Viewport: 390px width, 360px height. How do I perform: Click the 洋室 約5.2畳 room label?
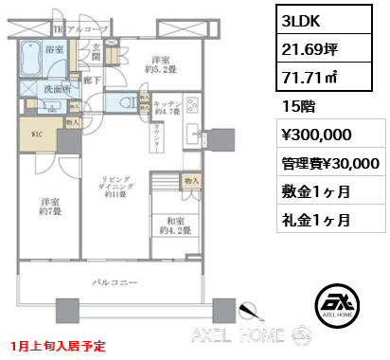click(152, 63)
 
